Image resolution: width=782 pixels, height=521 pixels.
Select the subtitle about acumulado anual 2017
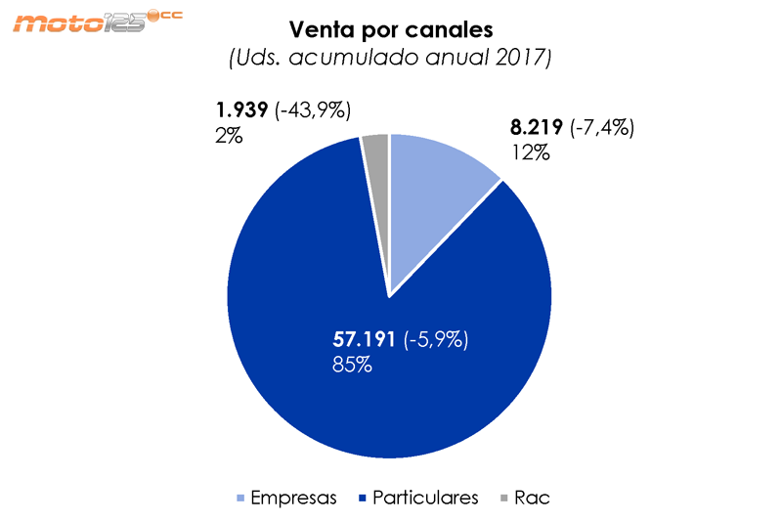pyautogui.click(x=390, y=59)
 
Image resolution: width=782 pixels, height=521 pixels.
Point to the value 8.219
pyautogui.click(x=536, y=127)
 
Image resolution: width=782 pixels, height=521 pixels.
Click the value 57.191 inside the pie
pyautogui.click(x=364, y=340)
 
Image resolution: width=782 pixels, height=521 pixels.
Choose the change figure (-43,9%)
pyautogui.click(x=314, y=110)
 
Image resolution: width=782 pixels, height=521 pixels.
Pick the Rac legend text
pyautogui.click(x=532, y=498)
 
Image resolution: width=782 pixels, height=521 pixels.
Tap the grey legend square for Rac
pyautogui.click(x=504, y=499)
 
